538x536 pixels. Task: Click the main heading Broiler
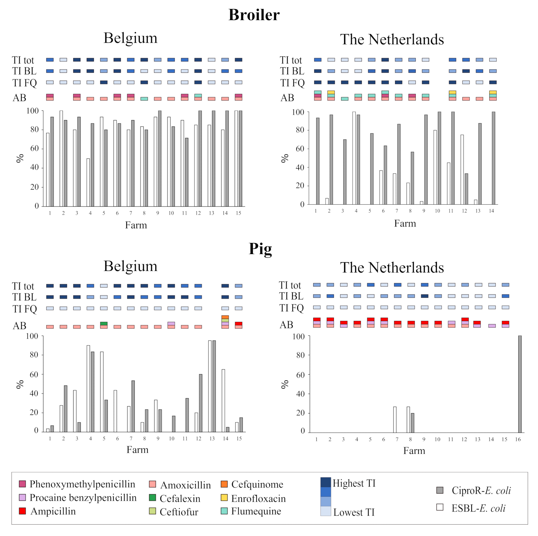[254, 15]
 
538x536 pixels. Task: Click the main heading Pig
[260, 249]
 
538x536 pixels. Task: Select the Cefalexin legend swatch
[152, 498]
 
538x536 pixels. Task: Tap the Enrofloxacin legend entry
[258, 498]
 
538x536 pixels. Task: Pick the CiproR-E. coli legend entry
[481, 490]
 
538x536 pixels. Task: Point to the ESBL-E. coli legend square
[440, 507]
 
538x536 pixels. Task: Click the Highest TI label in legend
[354, 483]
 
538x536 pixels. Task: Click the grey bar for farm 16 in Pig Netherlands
[520, 384]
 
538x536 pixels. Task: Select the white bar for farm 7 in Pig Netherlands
[395, 419]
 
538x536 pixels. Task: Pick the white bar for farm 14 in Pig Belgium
[223, 400]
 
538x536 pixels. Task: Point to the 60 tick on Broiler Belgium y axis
[34, 148]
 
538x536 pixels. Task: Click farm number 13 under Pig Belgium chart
[212, 439]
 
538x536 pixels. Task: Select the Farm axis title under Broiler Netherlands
[405, 224]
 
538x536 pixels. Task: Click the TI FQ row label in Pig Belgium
[25, 309]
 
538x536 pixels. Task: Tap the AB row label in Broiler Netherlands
[287, 98]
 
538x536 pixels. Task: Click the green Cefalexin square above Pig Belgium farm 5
[104, 324]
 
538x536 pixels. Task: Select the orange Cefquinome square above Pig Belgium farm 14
[225, 317]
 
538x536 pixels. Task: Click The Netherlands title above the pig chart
[392, 267]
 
